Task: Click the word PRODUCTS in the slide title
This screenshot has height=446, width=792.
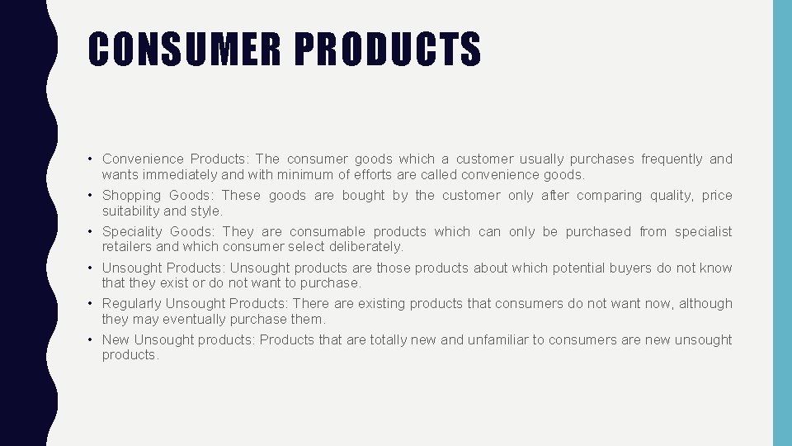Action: [387, 49]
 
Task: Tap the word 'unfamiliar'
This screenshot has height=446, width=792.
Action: [497, 340]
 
